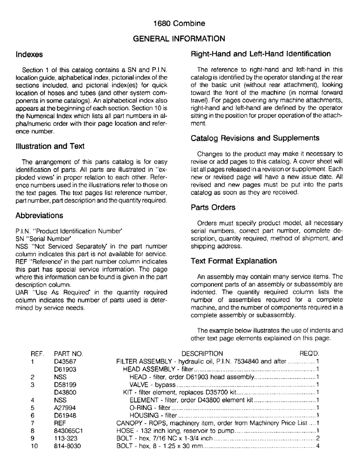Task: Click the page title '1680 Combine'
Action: [180, 23]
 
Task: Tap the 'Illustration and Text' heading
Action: [47, 146]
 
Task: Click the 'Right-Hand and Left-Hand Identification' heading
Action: [261, 54]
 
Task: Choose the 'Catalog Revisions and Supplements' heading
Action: [255, 138]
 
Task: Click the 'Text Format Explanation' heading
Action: [234, 261]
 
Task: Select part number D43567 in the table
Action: [65, 361]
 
